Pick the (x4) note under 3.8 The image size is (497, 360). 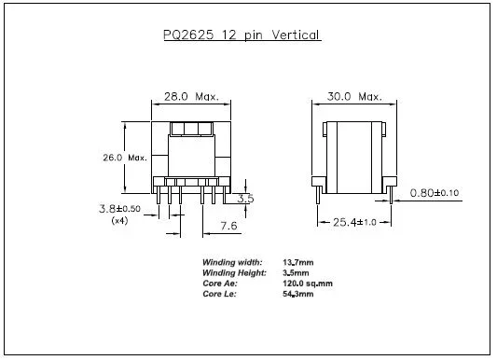(x=119, y=221)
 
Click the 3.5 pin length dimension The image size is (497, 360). (x=245, y=199)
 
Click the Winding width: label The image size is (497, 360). (x=232, y=262)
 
